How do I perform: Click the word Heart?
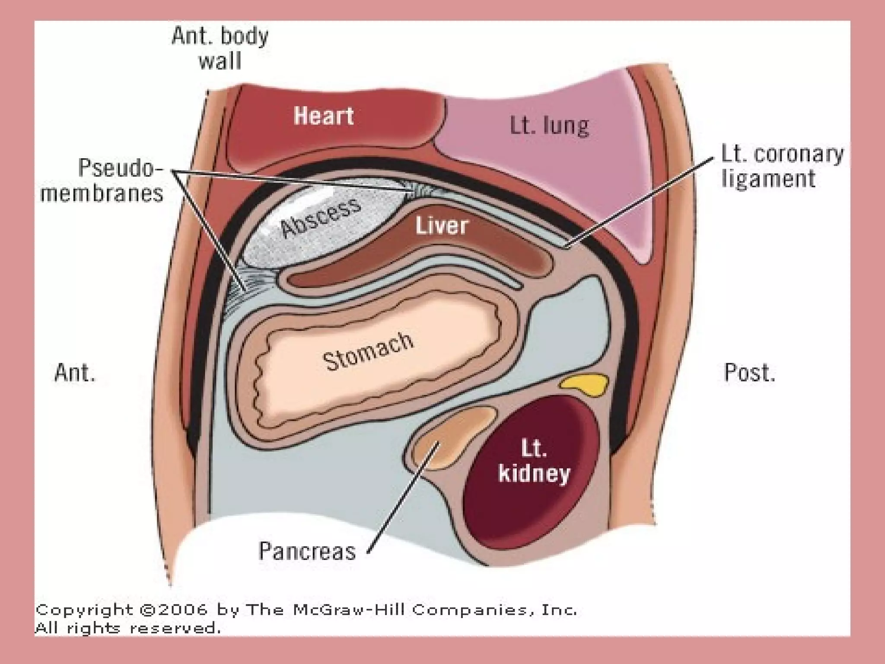click(324, 116)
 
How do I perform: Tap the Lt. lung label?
click(549, 126)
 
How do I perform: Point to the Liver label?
click(442, 226)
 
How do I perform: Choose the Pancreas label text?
click(307, 551)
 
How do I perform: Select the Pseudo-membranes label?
click(102, 180)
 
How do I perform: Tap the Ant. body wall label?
click(220, 48)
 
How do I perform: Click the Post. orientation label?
click(749, 372)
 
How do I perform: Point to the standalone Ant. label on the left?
click(75, 372)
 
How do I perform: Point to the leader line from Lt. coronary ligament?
click(640, 203)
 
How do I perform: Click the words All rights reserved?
click(128, 628)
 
